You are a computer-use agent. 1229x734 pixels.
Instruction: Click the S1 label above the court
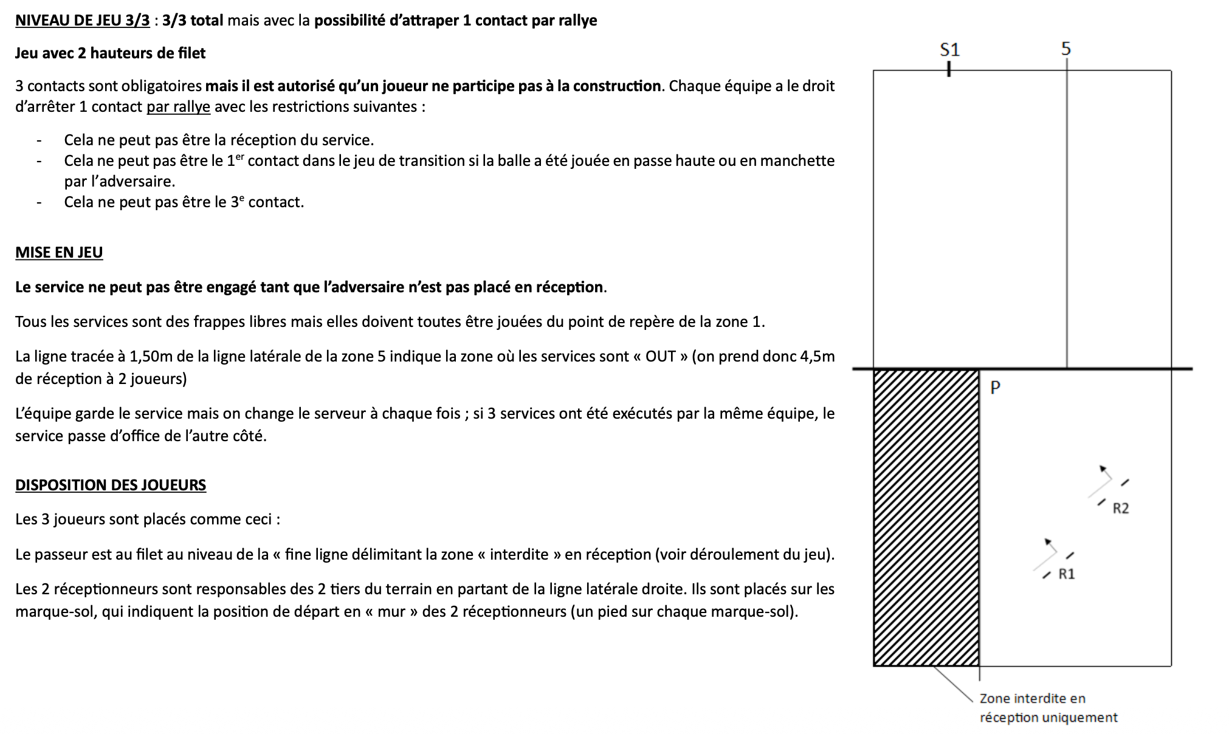(949, 49)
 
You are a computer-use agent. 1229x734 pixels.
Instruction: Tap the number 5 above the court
(1066, 49)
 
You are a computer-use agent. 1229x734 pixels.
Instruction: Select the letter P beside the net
(995, 388)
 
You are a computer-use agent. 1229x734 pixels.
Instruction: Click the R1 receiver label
(1067, 574)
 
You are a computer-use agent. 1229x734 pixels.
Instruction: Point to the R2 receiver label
(1121, 509)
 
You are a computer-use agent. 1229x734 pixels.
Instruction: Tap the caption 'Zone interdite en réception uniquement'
(1048, 708)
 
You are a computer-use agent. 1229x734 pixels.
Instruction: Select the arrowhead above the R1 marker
(1047, 541)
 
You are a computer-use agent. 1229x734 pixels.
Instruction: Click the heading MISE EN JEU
(59, 252)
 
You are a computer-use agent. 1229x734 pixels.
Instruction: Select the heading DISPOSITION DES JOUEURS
(111, 485)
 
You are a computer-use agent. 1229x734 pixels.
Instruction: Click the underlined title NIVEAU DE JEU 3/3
(82, 20)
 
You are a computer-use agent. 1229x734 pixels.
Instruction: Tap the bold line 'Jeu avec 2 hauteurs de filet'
(110, 53)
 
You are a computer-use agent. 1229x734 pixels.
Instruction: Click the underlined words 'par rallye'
(178, 107)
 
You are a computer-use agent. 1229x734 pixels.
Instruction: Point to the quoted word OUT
(660, 356)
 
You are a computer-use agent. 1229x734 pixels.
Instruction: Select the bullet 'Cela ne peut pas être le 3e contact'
(184, 202)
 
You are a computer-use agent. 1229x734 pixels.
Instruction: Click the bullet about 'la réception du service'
(219, 140)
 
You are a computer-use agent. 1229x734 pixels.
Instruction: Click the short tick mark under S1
(949, 70)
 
